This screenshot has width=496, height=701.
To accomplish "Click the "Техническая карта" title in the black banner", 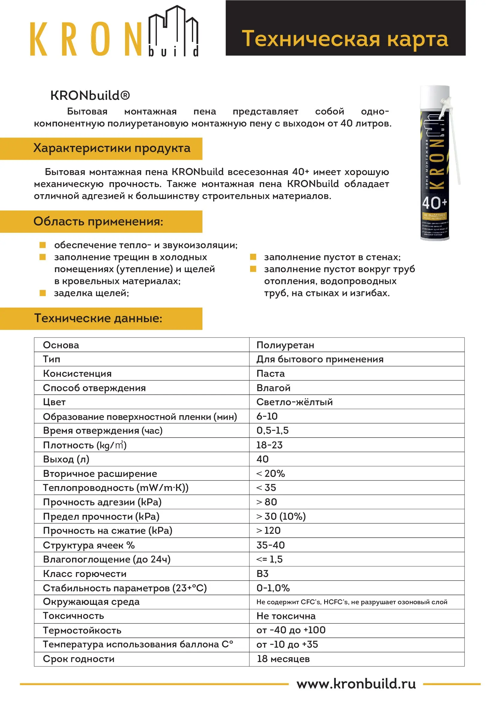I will [x=345, y=39].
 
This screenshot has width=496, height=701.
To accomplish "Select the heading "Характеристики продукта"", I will [x=112, y=148].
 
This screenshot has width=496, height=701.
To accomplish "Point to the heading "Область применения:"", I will [x=98, y=221].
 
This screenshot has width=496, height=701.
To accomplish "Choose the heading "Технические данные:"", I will [x=98, y=318].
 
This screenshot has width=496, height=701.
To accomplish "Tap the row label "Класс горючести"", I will [x=85, y=574].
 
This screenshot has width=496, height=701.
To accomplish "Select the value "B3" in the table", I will [x=262, y=573].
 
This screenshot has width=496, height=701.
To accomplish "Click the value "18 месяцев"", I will [x=283, y=658].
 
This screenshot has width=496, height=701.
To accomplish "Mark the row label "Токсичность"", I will [x=73, y=616].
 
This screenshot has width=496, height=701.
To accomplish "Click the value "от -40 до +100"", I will [x=291, y=630].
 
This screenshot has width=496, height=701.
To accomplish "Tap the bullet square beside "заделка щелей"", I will [x=43, y=293].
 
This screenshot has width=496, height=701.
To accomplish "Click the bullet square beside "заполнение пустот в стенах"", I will [x=253, y=257].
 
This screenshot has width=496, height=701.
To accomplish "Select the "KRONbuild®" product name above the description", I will [x=90, y=96].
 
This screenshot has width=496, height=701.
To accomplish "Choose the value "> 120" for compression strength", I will [x=268, y=530].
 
